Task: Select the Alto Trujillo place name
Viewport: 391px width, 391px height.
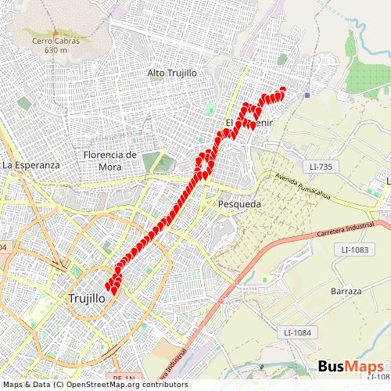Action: point(171,73)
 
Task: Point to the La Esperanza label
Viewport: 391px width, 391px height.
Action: point(31,166)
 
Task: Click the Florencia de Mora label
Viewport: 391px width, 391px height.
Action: point(110,160)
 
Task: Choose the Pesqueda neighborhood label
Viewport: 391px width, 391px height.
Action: point(239,203)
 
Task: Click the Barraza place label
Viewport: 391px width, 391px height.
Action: point(346,291)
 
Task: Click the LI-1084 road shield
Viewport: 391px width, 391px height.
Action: point(298,333)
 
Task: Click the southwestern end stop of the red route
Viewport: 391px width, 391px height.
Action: point(109,287)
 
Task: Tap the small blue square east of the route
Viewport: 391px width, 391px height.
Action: point(308,96)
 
